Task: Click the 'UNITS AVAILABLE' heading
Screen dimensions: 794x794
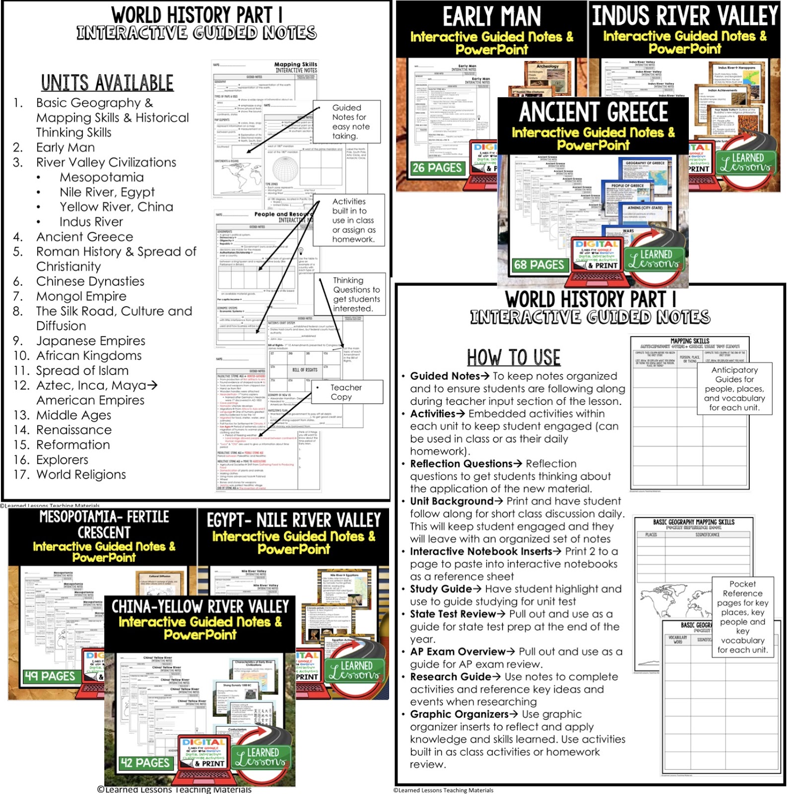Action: coord(107,83)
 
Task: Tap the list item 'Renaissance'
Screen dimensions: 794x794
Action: coord(74,430)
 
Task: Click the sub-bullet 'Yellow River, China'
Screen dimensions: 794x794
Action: coord(116,207)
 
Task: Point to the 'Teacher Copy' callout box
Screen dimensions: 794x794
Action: coord(346,392)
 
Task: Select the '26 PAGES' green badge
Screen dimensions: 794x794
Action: coord(437,168)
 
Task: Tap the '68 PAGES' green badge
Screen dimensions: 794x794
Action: coord(539,265)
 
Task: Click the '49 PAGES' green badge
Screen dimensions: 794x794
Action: coord(50,676)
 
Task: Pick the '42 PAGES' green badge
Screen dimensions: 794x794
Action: coord(145,763)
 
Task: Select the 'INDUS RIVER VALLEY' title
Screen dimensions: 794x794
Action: coord(685,16)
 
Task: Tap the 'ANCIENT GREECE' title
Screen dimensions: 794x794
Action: coord(593,112)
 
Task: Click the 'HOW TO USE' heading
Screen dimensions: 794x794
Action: coord(513,357)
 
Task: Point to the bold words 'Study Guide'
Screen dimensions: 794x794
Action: coord(441,589)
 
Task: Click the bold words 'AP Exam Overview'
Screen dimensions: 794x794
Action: coord(458,652)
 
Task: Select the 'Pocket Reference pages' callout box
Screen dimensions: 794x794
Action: coord(742,617)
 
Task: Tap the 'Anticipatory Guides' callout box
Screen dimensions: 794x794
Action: coord(734,389)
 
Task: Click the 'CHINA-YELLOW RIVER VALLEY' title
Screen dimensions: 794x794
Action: coord(200,606)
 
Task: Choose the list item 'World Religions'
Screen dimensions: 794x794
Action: coord(81,474)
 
